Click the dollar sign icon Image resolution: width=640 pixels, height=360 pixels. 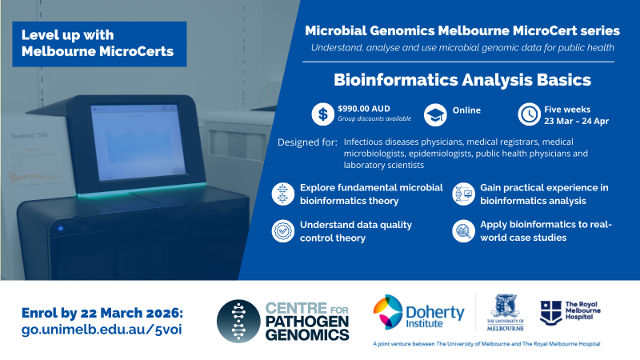(x=322, y=114)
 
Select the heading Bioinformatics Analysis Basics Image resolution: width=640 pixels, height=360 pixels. (x=462, y=81)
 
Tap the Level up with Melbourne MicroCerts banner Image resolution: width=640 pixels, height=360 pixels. (x=99, y=44)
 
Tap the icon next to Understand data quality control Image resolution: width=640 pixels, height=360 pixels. (x=283, y=231)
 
